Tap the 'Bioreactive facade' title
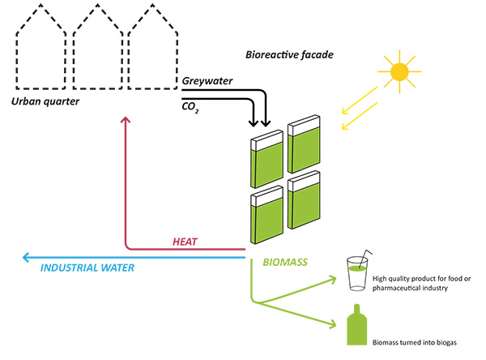click(x=290, y=55)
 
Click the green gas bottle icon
click(x=357, y=329)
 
